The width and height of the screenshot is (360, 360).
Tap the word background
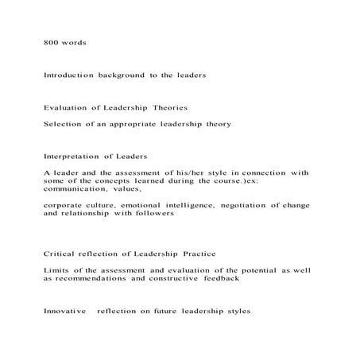pos(118,75)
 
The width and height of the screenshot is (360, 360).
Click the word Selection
pos(62,124)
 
